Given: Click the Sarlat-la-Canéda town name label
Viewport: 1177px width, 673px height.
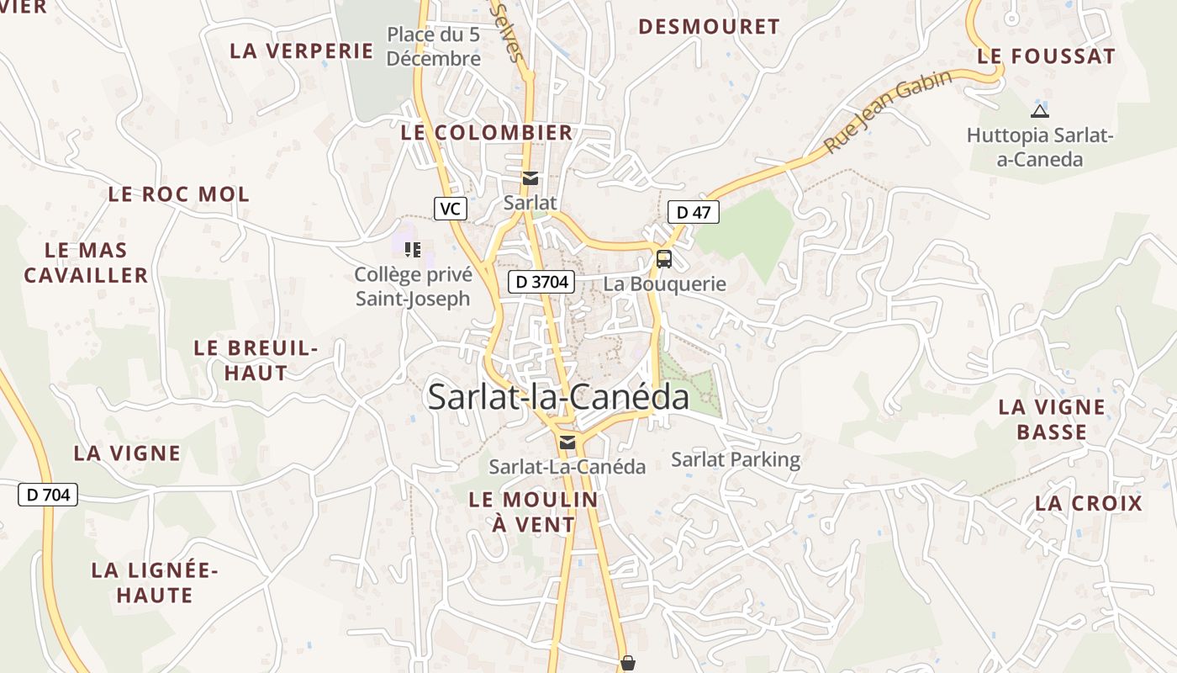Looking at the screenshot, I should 558,397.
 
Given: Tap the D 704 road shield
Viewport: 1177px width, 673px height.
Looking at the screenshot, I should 48,495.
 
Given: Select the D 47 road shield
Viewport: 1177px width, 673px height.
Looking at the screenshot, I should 694,212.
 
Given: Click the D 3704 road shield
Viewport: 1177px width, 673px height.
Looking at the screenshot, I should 541,282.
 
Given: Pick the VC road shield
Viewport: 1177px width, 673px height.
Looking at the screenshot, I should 451,208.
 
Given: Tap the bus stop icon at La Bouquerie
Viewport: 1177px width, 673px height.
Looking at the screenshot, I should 663,258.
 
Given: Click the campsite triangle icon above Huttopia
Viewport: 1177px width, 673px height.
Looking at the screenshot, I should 1040,111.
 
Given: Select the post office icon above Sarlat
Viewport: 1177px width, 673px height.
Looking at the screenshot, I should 530,178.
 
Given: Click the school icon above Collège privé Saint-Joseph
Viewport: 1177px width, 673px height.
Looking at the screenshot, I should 412,249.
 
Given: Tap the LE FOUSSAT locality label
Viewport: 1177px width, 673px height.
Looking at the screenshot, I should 1046,56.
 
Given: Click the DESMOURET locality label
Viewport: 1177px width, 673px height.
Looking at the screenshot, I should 709,27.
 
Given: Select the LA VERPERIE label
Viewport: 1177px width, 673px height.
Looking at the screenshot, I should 301,50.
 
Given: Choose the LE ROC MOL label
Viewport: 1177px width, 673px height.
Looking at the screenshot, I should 178,194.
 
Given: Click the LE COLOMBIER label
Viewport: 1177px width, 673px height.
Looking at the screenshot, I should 486,132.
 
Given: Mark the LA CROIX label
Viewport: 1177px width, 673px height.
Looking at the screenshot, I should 1089,503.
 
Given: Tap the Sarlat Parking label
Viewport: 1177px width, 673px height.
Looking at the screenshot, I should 736,459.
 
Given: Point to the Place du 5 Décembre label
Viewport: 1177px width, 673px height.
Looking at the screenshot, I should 434,46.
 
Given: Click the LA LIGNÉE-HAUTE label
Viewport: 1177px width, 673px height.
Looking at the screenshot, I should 155,582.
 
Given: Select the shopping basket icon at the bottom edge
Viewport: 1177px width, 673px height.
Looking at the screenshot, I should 627,664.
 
